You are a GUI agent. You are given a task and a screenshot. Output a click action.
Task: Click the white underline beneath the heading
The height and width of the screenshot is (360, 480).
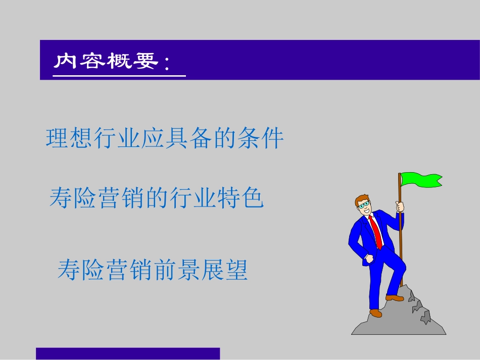click(119, 76)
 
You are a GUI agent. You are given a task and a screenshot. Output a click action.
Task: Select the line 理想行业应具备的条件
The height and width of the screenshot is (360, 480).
click(165, 138)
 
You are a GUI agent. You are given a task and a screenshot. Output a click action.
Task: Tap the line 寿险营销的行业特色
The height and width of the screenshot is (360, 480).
click(157, 198)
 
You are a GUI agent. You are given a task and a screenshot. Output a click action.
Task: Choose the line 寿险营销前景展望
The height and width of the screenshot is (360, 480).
click(153, 270)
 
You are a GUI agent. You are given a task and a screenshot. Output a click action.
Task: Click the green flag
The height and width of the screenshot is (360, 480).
click(420, 179)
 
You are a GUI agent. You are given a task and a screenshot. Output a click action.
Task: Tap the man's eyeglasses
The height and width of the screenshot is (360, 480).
click(363, 204)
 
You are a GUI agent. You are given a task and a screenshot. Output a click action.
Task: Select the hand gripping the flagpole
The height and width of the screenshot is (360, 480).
click(400, 207)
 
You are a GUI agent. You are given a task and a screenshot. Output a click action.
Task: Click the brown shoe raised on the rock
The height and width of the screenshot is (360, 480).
click(394, 297)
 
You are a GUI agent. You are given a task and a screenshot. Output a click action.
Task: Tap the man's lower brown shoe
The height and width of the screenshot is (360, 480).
click(375, 313)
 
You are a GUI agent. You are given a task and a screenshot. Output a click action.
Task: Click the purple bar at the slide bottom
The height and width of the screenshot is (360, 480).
click(128, 353)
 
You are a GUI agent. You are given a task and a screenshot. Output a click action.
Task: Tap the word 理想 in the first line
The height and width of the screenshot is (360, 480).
click(69, 138)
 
